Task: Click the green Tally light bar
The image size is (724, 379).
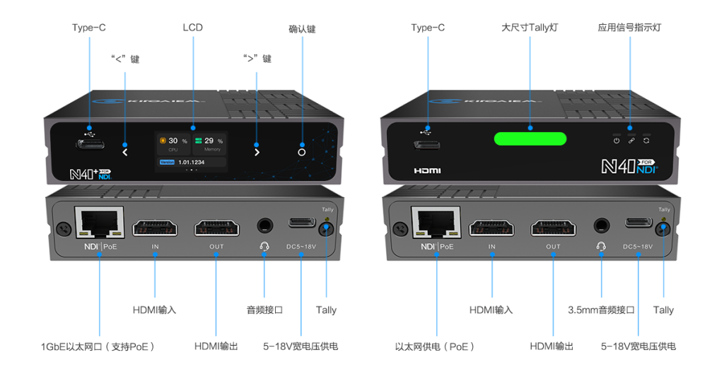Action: point(530,139)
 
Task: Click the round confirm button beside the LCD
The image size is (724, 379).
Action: point(302,152)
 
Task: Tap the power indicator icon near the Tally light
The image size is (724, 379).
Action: point(617,141)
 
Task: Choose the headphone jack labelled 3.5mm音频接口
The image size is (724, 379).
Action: point(601,226)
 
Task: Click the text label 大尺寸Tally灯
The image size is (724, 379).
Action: point(530,28)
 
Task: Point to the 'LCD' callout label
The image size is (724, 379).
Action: point(192,28)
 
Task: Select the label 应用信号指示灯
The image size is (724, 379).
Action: point(630,28)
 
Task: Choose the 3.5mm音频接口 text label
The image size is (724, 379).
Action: point(601,310)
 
